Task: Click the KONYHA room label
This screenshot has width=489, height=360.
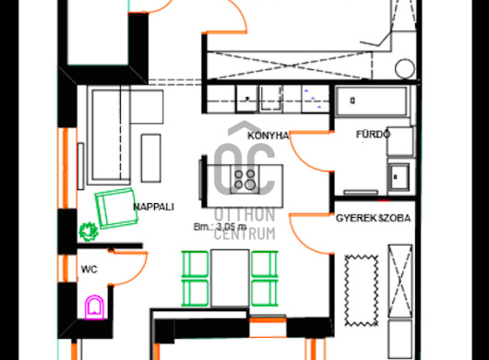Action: click(x=268, y=136)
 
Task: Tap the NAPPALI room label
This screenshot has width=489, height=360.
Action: click(x=153, y=207)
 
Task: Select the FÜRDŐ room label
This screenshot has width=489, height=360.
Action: click(x=373, y=134)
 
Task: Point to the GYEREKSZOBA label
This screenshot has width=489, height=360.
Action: click(x=373, y=218)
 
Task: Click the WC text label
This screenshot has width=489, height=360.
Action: click(x=89, y=270)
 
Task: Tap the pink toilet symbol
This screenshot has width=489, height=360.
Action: click(x=94, y=307)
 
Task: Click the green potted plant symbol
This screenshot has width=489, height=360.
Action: click(x=89, y=232)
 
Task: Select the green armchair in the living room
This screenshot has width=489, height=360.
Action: click(x=116, y=208)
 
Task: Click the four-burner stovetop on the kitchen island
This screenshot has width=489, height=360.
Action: click(x=244, y=180)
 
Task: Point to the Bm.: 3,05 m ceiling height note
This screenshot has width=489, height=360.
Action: click(x=220, y=227)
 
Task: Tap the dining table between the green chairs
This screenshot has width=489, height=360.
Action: click(x=230, y=278)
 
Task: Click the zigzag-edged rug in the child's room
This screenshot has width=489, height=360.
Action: click(x=362, y=291)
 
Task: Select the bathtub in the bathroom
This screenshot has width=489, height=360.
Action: click(x=371, y=101)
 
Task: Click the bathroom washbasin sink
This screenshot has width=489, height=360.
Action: click(x=399, y=177)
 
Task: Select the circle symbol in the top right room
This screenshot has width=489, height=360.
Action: click(x=405, y=68)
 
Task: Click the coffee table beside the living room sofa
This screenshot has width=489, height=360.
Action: click(x=151, y=158)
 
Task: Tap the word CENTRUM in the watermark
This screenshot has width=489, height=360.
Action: click(x=244, y=234)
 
